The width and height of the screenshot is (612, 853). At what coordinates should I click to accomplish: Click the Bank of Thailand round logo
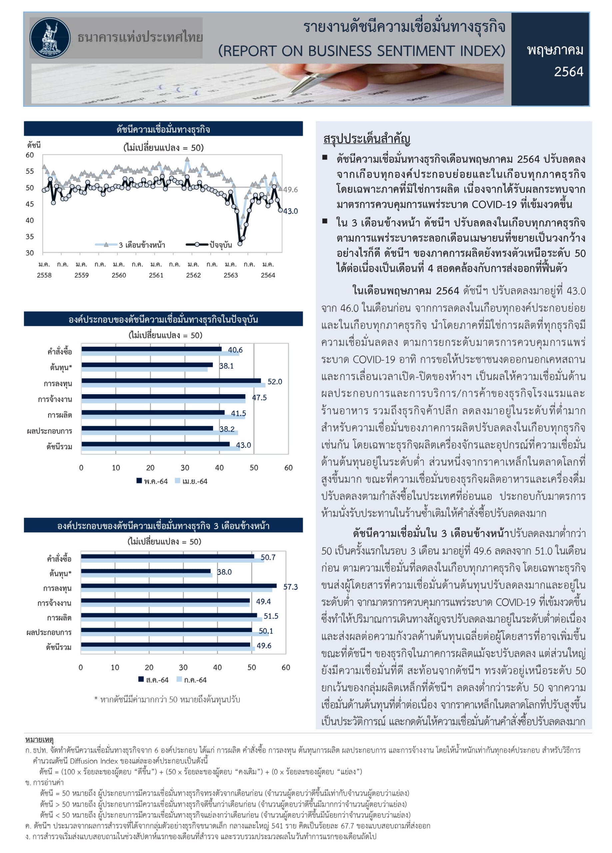(50, 38)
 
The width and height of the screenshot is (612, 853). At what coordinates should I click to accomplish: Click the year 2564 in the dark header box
(568, 71)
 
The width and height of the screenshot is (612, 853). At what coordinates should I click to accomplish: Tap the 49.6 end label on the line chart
(290, 190)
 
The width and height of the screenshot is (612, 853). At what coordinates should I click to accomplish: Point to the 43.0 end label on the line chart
(290, 211)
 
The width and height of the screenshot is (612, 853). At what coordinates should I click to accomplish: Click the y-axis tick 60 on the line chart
(30, 155)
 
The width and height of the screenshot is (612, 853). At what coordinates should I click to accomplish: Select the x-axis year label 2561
(156, 275)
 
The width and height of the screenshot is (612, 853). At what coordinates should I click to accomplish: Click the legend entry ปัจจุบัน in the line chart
(221, 245)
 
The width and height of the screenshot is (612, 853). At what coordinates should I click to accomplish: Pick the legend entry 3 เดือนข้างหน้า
(142, 245)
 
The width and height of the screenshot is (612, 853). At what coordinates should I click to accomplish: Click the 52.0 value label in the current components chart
(275, 382)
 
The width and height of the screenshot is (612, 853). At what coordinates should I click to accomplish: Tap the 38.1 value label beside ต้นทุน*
(227, 366)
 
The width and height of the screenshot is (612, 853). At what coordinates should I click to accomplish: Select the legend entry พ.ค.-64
(155, 481)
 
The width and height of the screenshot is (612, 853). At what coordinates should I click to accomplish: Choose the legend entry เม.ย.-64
(195, 481)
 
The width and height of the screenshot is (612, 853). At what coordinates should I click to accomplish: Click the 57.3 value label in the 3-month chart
(290, 587)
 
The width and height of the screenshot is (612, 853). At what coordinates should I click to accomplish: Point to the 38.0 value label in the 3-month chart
(224, 572)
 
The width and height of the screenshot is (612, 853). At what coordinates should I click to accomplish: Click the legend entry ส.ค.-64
(157, 680)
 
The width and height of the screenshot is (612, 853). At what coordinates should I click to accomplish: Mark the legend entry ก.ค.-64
(195, 680)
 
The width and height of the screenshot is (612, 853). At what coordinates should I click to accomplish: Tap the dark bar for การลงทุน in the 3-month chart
(179, 585)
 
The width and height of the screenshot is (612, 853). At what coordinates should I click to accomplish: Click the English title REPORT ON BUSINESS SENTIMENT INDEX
(361, 51)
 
